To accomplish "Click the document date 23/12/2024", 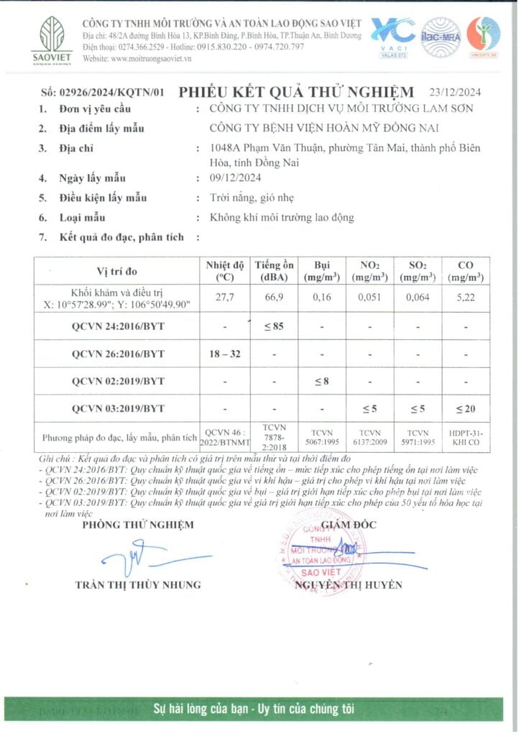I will pos(455,91).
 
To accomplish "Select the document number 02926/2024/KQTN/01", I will pos(103,92).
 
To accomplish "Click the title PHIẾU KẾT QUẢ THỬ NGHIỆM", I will pos(296,91).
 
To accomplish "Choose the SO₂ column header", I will pos(416,270).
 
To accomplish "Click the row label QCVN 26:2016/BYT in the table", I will pos(119,354).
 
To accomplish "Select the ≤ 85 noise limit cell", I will pos(269,327).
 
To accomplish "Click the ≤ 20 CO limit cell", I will pos(465,409).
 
